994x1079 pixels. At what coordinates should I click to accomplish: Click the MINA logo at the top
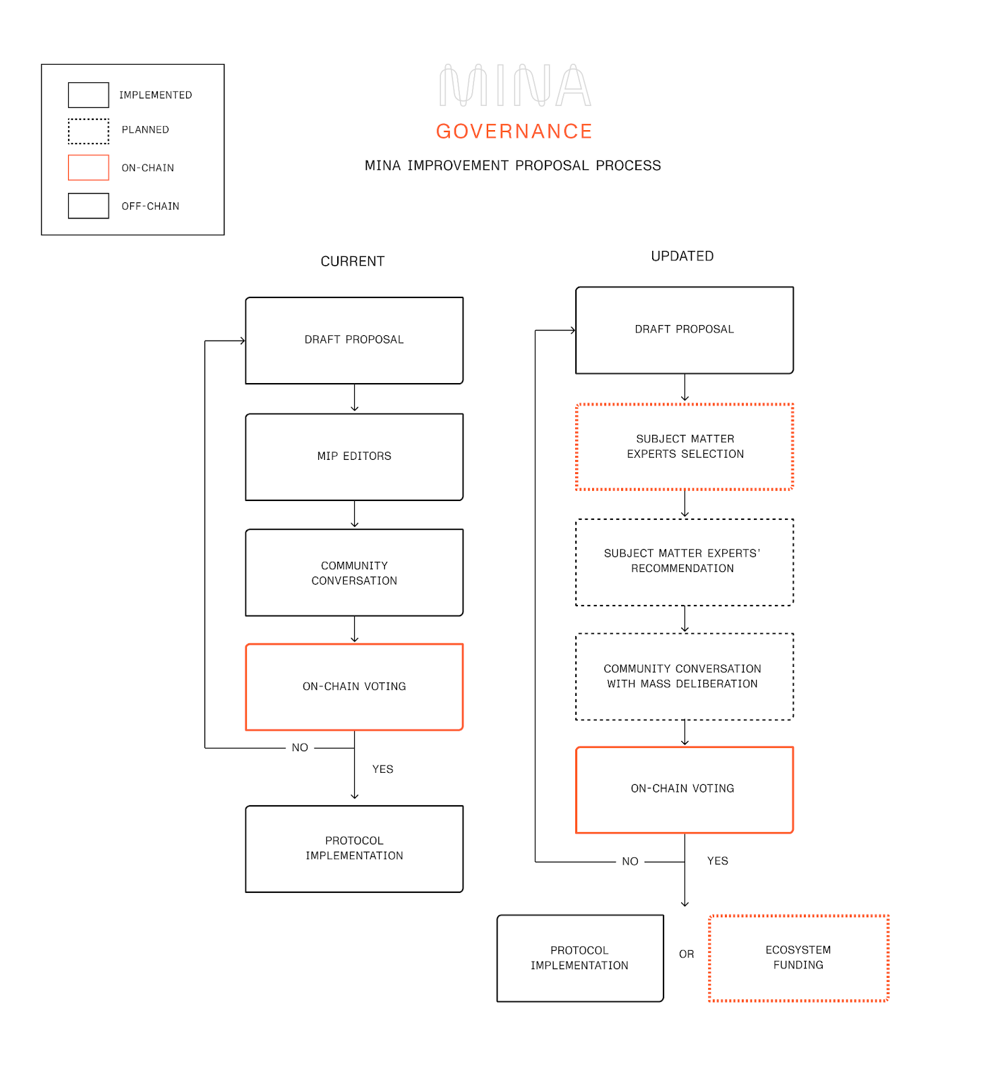(x=515, y=86)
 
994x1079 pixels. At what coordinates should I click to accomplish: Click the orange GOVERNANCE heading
(x=514, y=132)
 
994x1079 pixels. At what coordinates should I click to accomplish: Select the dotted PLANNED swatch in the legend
(x=88, y=132)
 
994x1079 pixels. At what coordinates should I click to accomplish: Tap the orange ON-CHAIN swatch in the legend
(x=88, y=168)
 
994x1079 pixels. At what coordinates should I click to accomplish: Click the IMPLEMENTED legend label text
(x=156, y=95)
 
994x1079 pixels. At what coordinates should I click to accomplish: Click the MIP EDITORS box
(x=354, y=457)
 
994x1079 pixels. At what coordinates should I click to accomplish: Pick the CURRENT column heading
(x=352, y=262)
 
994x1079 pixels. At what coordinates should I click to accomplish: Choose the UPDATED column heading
(x=682, y=256)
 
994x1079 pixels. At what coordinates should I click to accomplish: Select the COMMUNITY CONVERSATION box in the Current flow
(x=354, y=573)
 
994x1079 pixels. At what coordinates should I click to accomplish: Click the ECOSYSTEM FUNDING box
(x=798, y=958)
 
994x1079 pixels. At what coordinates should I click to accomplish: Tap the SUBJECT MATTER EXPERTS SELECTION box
(x=684, y=446)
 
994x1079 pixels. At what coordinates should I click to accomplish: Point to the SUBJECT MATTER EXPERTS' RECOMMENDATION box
(x=684, y=562)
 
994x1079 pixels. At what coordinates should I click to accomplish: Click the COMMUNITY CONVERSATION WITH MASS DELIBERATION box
(x=684, y=676)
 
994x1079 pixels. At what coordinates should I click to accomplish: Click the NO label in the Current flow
(x=300, y=748)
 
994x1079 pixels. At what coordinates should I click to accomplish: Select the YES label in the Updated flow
(x=718, y=861)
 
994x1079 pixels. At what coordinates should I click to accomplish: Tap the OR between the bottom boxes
(x=686, y=954)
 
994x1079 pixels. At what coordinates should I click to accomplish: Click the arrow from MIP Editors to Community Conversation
(x=355, y=515)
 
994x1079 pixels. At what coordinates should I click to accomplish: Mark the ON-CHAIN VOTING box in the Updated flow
(x=684, y=790)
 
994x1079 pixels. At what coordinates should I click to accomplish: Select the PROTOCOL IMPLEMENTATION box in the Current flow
(x=354, y=848)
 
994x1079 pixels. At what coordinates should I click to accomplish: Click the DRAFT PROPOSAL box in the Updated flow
(x=684, y=330)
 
